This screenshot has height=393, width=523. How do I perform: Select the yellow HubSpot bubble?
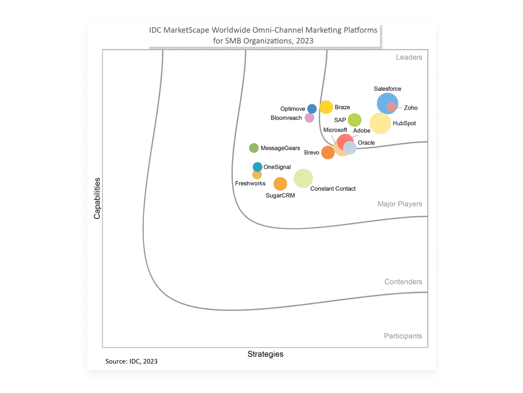click(x=380, y=123)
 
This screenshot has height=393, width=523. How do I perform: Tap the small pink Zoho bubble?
click(x=392, y=107)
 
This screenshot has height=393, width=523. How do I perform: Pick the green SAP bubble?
click(x=354, y=120)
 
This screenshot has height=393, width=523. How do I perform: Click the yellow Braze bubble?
click(x=326, y=107)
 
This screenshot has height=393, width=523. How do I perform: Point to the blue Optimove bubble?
click(x=312, y=109)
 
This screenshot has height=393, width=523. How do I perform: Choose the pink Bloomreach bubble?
click(x=309, y=118)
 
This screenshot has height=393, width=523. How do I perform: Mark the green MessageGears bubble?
click(x=254, y=148)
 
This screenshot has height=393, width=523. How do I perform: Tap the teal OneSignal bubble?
click(x=258, y=167)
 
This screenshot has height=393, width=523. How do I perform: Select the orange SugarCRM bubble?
click(x=280, y=184)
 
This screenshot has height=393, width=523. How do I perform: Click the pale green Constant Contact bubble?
click(x=303, y=178)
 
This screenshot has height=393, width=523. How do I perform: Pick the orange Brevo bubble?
click(x=328, y=153)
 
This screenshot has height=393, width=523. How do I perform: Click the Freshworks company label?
click(x=250, y=183)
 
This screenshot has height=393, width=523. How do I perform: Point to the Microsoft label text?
click(x=335, y=130)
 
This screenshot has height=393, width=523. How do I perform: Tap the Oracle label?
click(x=366, y=143)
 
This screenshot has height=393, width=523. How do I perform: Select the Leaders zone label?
click(x=409, y=57)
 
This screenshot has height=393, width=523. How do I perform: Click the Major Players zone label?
click(x=400, y=204)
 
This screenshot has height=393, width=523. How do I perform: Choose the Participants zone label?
click(x=403, y=336)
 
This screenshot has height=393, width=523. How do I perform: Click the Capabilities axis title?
click(x=97, y=198)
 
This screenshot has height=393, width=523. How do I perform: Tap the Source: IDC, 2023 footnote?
click(x=132, y=362)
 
